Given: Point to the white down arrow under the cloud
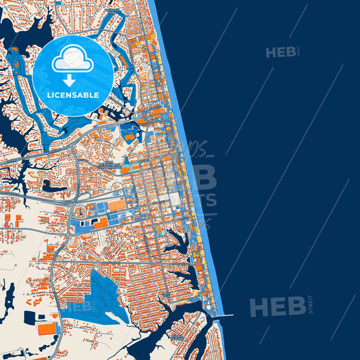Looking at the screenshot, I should coord(69,80).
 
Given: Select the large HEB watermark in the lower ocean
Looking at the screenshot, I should coord(277,307).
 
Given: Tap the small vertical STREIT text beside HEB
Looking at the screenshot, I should coord(311,305).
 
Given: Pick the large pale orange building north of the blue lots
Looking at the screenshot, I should coord(117,205).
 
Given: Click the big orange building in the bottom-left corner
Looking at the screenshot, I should coord(47,329).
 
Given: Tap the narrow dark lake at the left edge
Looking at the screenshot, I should coord(9,297).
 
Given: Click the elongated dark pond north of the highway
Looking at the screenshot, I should coord(54,184).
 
